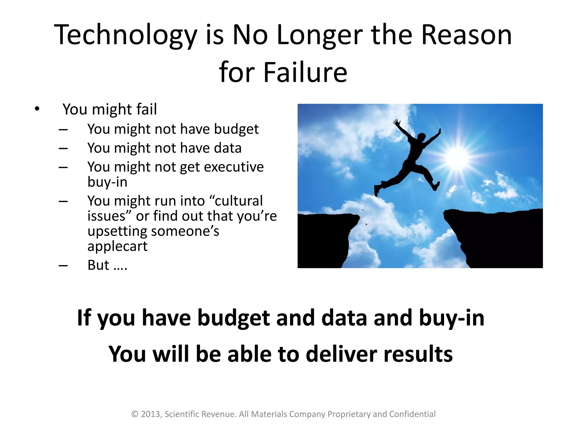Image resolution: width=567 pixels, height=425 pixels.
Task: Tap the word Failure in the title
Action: [305, 72]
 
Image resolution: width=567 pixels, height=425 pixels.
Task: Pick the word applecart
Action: [117, 246]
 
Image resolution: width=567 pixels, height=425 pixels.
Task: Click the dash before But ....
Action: [63, 266]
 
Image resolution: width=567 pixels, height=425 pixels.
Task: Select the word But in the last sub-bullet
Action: [98, 265]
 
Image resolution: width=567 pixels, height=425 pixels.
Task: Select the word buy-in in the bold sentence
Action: [452, 318]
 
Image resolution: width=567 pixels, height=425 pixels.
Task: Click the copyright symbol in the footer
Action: [135, 414]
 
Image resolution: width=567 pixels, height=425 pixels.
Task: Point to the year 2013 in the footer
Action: [151, 414]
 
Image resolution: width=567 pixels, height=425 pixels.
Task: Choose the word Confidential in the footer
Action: [412, 414]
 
